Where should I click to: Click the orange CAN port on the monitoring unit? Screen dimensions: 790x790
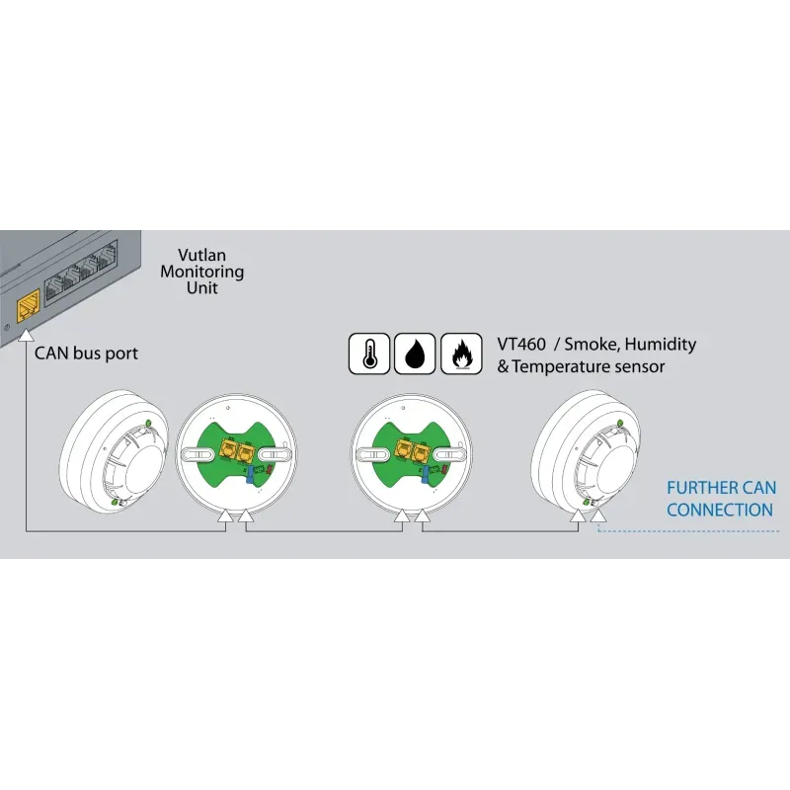coord(28,299)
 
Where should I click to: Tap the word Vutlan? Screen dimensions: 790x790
coord(203,254)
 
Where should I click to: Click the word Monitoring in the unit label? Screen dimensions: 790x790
coord(202,271)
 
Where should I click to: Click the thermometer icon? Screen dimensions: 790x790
coord(369,354)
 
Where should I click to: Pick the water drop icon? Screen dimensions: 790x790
coord(415,354)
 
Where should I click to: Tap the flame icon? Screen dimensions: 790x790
coord(461,354)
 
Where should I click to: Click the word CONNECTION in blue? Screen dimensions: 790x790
coord(719,511)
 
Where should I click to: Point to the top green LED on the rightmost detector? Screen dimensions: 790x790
coord(620,423)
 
